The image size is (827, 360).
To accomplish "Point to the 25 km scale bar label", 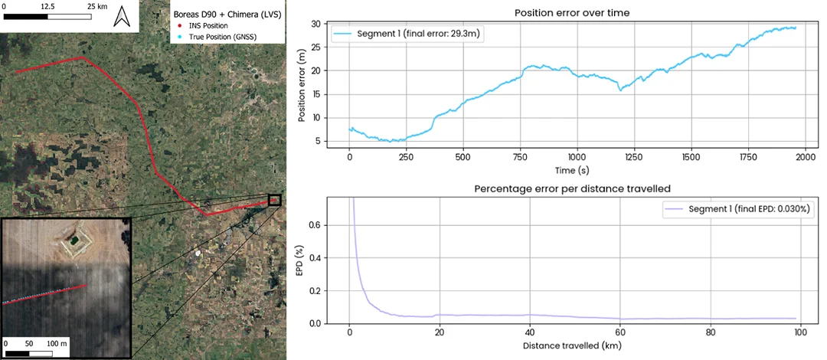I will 97,6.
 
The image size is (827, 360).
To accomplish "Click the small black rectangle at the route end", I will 275,200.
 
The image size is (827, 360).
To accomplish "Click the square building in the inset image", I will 74,241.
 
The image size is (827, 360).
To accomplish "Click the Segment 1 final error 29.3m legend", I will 407,34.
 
